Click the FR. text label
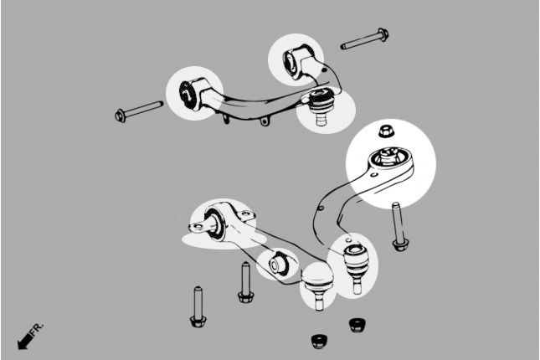click(x=37, y=330)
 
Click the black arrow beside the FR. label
click(x=25, y=342)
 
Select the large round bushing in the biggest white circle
click(x=388, y=159)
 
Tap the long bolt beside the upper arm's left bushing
click(x=139, y=111)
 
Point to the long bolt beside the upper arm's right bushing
click(x=365, y=39)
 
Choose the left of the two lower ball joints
click(x=318, y=287)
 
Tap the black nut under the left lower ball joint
click(x=319, y=341)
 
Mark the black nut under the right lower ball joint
click(x=357, y=325)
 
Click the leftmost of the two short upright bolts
click(x=198, y=307)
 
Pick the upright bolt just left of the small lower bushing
click(x=245, y=282)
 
